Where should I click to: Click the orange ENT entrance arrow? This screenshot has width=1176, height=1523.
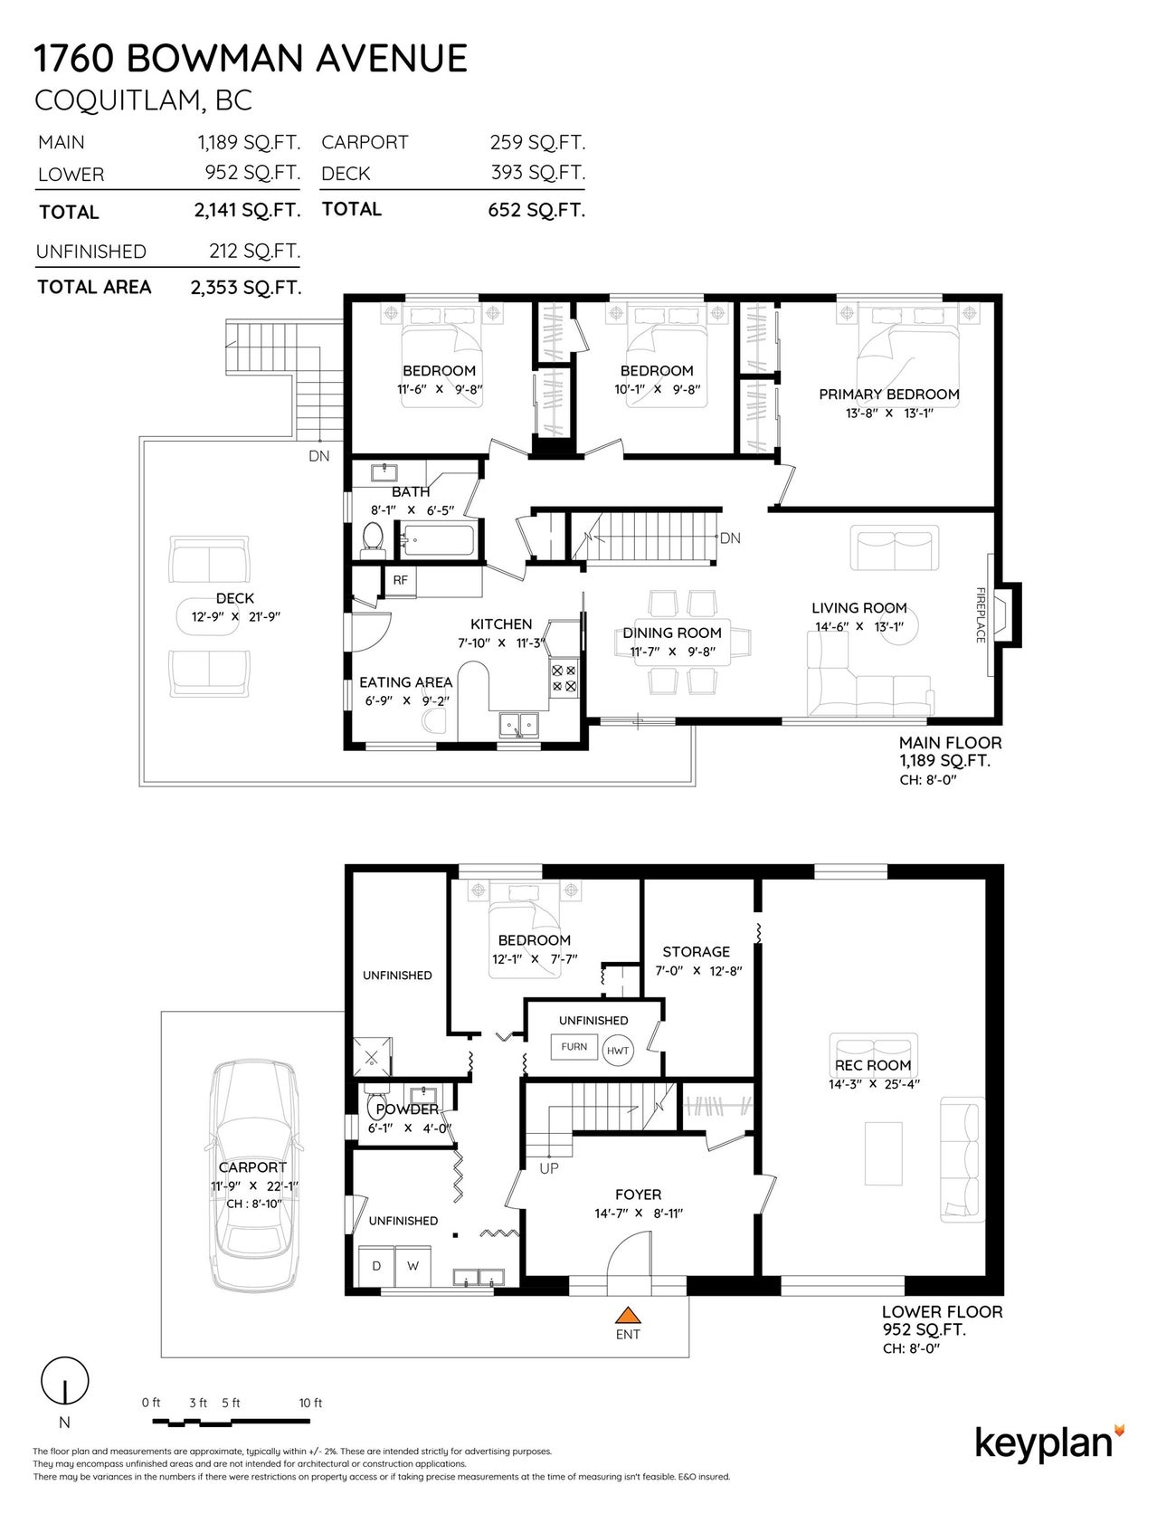pos(627,1315)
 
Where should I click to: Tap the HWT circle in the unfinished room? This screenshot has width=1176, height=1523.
pos(618,1050)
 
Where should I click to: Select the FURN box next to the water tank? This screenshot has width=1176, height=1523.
pos(574,1047)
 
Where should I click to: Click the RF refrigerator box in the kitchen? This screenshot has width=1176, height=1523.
pos(400,581)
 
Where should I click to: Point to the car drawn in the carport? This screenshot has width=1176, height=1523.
pos(253,1176)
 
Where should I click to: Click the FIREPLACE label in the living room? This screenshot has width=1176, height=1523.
pos(980,615)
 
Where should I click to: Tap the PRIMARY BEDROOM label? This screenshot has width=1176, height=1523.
pos(888,395)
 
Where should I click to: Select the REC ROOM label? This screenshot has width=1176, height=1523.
pos(872,1065)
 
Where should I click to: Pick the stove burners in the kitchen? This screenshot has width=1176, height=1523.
pos(564,679)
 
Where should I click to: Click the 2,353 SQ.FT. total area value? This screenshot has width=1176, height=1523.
pos(245,288)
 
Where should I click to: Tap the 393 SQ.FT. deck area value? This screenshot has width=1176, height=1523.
pos(537,173)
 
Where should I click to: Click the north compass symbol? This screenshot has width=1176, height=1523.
pos(65,1382)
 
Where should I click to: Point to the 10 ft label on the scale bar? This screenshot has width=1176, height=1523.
pos(310,1403)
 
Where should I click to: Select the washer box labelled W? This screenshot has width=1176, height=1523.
pos(413,1266)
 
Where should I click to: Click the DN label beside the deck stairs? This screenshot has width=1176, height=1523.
pos(318,456)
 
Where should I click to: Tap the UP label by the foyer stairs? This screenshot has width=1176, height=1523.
pos(548,1168)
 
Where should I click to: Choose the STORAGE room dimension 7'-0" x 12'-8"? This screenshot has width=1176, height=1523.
pos(697,971)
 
